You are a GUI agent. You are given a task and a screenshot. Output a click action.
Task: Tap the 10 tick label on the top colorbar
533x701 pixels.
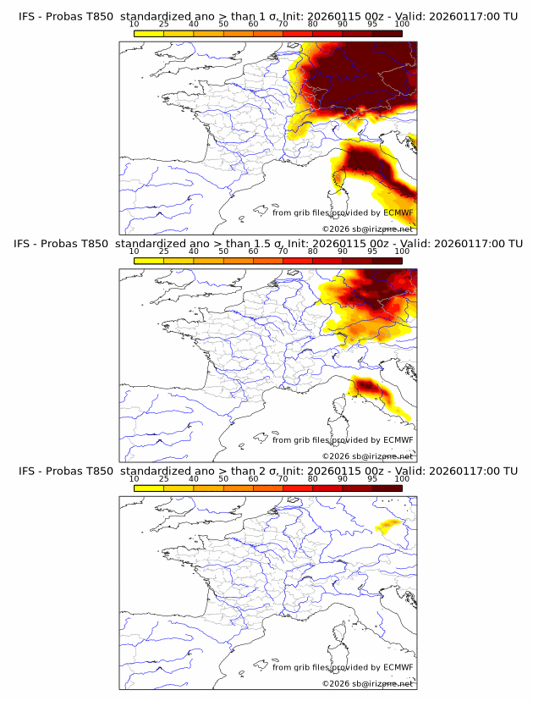click(135, 25)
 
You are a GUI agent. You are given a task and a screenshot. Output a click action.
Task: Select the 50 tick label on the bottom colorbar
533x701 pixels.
click(223, 479)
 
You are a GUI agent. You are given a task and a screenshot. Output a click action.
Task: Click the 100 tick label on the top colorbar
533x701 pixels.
click(402, 25)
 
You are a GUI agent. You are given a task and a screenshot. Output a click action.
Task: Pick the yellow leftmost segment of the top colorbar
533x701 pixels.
click(149, 33)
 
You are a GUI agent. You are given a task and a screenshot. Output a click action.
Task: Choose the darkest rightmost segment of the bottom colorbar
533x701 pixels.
click(387, 488)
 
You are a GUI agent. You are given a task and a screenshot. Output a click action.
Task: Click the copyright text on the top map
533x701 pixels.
click(367, 229)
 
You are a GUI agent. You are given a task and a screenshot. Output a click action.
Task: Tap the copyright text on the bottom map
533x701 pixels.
click(367, 683)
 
